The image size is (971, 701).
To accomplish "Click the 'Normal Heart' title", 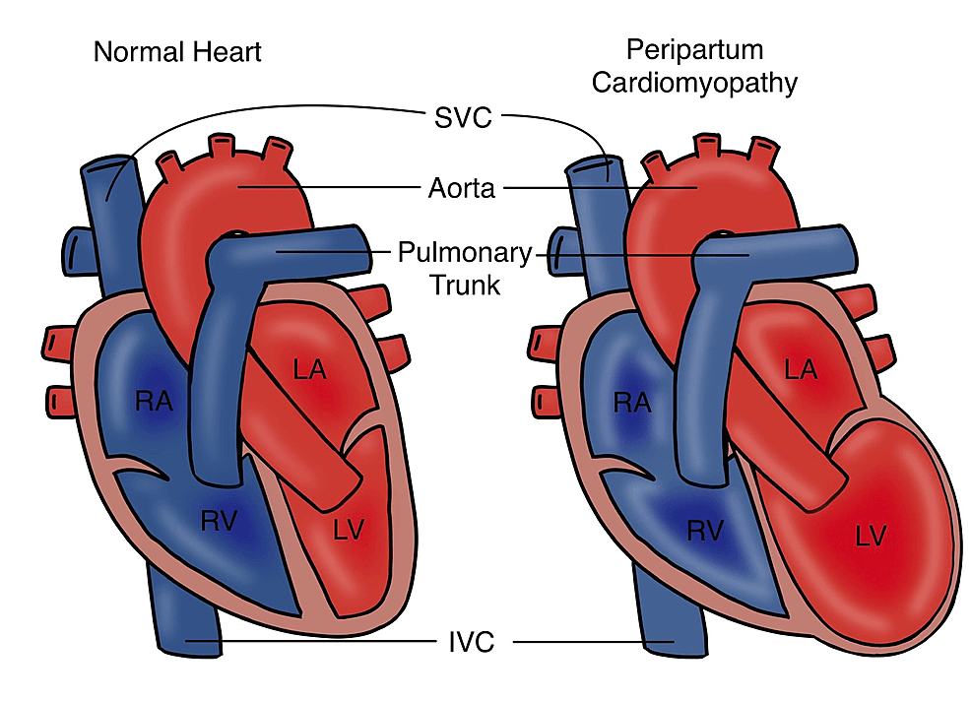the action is coord(177,52).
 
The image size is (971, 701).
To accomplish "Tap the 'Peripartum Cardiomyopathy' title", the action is coord(694,67).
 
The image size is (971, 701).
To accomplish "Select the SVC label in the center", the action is coord(463,118).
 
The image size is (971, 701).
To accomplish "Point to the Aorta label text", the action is coord(462,188).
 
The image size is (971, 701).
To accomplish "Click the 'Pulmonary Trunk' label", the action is coord(465,269).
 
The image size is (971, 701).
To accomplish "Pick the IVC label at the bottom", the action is coord(472,642).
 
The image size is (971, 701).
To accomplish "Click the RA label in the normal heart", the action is coord(154,402).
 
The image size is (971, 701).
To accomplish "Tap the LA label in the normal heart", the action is coord(309,370).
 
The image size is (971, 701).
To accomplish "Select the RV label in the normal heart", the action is coord(220,521).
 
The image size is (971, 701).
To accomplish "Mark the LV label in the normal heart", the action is coord(349,530).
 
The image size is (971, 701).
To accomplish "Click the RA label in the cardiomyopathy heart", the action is coord(632,403).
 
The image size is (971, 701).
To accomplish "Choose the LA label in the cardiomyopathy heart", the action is coord(801,370).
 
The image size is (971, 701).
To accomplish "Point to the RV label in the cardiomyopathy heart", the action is coord(705,531).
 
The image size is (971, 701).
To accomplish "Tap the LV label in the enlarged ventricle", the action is coord(871,537).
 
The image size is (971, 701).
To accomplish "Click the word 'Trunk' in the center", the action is coord(465,286).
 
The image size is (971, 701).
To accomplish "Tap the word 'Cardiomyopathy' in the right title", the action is coord(694,84).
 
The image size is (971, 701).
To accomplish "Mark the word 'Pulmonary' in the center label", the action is coord(465,253).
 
